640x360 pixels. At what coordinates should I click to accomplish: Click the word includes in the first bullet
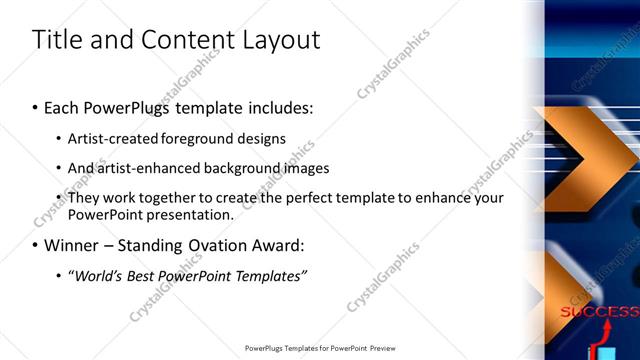(276, 106)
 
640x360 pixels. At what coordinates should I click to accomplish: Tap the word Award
(275, 245)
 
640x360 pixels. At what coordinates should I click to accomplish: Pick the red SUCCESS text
(599, 312)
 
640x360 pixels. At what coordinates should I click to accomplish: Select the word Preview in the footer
(378, 349)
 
